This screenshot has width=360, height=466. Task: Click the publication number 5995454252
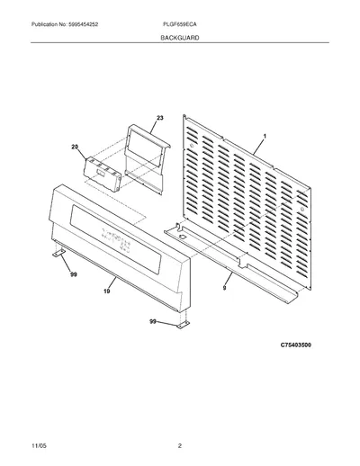tap(83, 24)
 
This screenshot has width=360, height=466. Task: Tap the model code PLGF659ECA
tap(180, 24)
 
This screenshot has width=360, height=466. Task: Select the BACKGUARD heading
tap(180, 38)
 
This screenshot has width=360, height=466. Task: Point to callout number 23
tap(160, 118)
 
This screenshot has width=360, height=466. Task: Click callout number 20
tap(75, 147)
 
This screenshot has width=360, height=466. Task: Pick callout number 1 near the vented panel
tap(265, 137)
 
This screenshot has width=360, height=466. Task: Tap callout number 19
tap(107, 291)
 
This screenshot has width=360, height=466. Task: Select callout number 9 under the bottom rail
tap(224, 288)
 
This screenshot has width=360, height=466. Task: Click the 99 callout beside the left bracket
tap(74, 274)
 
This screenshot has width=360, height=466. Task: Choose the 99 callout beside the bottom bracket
tap(153, 321)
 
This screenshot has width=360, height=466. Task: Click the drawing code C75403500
tap(296, 345)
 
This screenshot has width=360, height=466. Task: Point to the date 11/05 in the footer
tap(39, 446)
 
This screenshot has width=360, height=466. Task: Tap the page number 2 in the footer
tap(180, 446)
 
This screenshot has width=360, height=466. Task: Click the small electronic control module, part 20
tap(103, 174)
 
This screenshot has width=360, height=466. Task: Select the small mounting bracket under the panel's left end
tap(58, 253)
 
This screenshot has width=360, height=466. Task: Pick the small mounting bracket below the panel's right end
tap(183, 325)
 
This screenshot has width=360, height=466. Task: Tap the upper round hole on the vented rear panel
tap(191, 146)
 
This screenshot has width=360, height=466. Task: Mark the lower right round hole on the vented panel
tap(302, 209)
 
